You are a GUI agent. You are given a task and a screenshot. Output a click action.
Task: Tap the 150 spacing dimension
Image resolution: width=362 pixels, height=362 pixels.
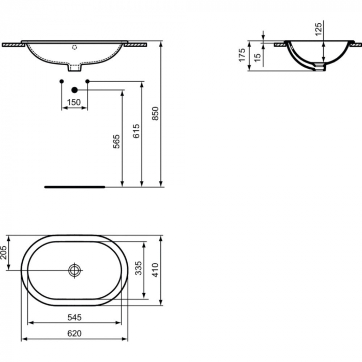(74, 102)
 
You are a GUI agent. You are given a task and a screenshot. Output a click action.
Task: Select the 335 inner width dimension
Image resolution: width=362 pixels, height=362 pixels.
(138, 269)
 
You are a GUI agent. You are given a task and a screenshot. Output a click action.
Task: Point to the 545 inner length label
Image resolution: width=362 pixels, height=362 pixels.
(74, 316)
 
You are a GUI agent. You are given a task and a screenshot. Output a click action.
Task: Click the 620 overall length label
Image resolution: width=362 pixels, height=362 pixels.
(74, 334)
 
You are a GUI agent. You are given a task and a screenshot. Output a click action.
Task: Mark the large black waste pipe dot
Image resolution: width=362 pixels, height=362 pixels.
(74, 90)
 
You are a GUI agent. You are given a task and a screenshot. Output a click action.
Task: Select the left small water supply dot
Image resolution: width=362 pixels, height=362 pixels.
(62, 81)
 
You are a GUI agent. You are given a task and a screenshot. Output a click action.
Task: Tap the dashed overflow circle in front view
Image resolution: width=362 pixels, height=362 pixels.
(74, 47)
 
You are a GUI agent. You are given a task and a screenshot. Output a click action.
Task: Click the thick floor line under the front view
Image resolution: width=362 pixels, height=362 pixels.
(75, 187)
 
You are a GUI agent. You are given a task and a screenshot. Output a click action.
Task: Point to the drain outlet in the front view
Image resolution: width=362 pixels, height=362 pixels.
(75, 67)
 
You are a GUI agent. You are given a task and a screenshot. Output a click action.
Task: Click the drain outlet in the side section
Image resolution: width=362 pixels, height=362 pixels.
(322, 66)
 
